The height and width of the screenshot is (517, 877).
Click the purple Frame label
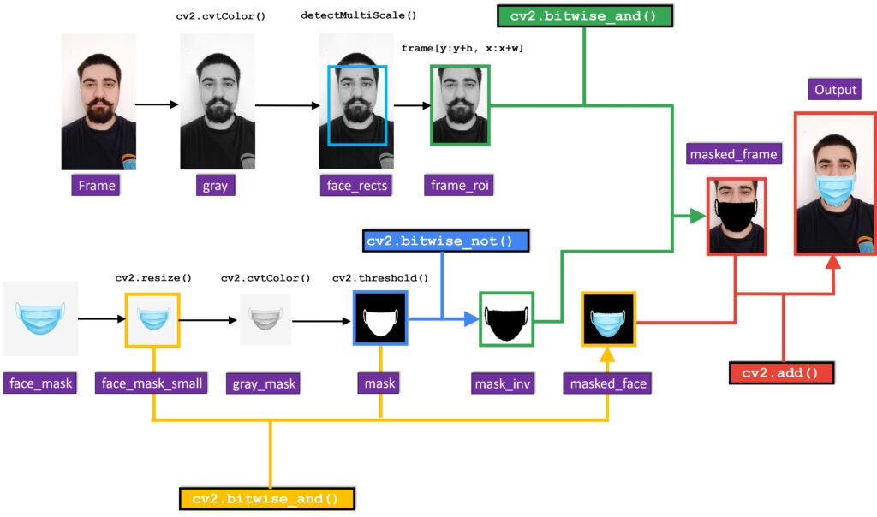[97, 185]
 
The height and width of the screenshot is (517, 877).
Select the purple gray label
[215, 185]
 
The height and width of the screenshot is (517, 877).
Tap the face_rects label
[357, 185]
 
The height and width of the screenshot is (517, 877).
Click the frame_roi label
[459, 185]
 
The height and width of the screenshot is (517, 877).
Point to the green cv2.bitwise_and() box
[585, 16]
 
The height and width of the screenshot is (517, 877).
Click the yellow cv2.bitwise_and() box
[267, 498]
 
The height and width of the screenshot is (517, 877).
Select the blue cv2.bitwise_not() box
[446, 241]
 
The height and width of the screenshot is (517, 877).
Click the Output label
[836, 90]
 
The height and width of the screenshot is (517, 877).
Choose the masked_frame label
[735, 154]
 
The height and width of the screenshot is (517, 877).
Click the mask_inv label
[504, 383]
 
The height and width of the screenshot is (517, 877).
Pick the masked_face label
[608, 383]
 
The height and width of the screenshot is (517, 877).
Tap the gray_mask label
[264, 383]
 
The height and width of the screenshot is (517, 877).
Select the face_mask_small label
[152, 383]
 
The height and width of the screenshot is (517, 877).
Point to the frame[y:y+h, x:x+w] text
[462, 48]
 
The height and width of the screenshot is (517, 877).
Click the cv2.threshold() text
[380, 278]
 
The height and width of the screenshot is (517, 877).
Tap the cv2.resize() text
[153, 278]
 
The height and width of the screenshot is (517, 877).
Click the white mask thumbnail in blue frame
[380, 318]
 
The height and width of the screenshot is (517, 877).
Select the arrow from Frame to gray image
[158, 104]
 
